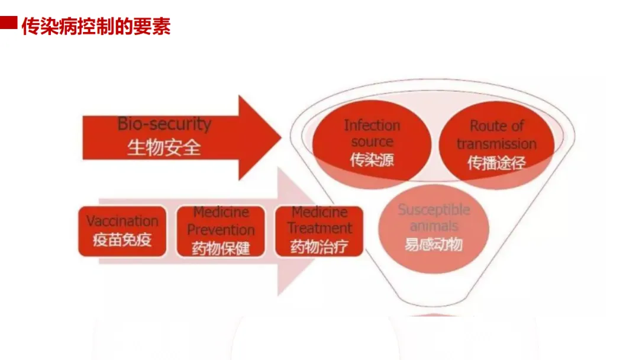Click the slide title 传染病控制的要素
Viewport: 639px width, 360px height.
coord(96,27)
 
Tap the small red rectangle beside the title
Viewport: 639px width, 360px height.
coord(8,23)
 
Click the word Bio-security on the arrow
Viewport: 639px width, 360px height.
coord(164,124)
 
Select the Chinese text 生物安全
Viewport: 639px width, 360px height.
coord(164,146)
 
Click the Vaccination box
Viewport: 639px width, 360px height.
coord(122,230)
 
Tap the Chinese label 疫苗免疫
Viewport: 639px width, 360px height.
coord(122,240)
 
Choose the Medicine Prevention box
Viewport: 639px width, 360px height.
coord(221,231)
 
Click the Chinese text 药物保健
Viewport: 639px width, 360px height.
coord(221,247)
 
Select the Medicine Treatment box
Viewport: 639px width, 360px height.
coord(319,230)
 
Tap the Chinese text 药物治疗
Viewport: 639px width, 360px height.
coord(319,246)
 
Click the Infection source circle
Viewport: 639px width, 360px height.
coord(372,143)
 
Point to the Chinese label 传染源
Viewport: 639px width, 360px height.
coord(372,160)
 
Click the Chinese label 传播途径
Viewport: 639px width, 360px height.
coord(496,162)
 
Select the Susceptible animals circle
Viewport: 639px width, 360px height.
coord(434,227)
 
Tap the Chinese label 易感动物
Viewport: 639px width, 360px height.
coord(434,244)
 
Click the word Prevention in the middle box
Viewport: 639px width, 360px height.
coord(221,230)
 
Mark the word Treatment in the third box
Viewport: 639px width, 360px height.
coord(319,229)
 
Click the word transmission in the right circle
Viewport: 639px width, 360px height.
coord(496,144)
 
